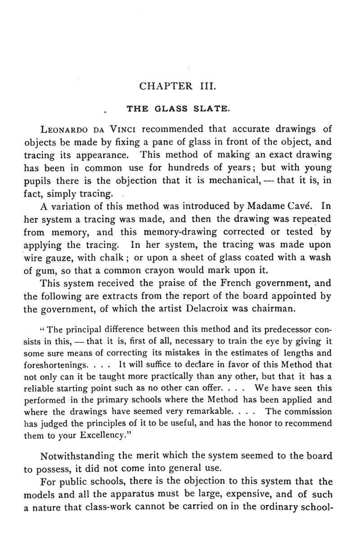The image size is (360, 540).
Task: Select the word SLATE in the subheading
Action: tap(211, 108)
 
